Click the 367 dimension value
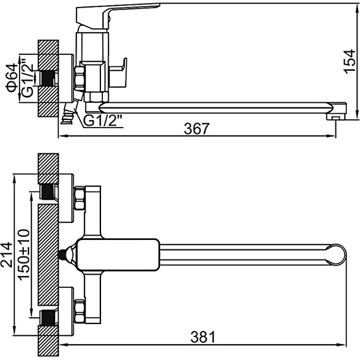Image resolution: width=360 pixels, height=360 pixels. [x=197, y=129]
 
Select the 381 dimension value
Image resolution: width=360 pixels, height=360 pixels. [x=203, y=337]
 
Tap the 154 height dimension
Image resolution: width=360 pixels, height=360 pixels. [x=350, y=61]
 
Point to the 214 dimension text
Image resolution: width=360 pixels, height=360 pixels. [x=6, y=255]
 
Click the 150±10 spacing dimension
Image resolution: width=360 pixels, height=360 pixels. [x=24, y=255]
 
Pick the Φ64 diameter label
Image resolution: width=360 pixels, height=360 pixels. [x=12, y=78]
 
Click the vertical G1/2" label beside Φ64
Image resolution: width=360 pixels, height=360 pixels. [x=27, y=78]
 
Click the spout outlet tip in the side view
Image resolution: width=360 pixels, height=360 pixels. [x=336, y=117]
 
